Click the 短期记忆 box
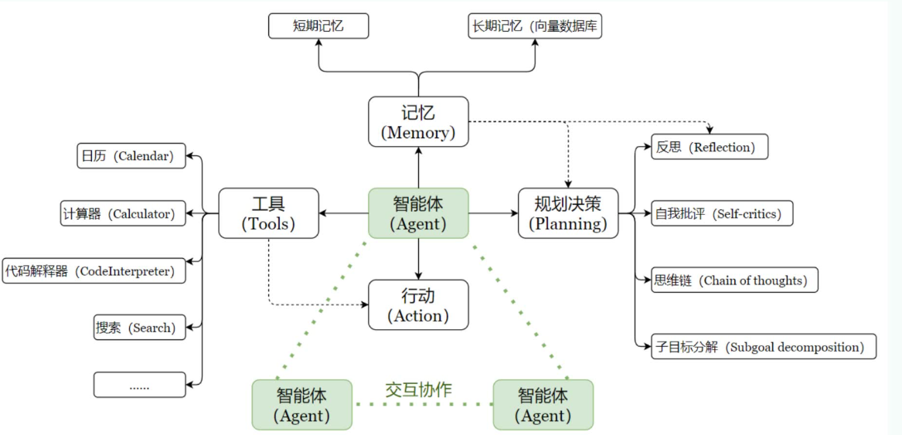(x=318, y=26)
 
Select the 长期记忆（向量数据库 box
(x=535, y=26)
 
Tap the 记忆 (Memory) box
(x=418, y=122)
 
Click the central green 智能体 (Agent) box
(x=418, y=212)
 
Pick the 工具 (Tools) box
(x=268, y=212)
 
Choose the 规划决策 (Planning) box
(x=568, y=212)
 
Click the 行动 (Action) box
(x=418, y=305)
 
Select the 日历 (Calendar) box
(x=131, y=156)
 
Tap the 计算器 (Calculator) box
(x=124, y=213)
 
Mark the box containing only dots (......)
(x=140, y=385)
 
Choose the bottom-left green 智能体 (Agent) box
(x=301, y=405)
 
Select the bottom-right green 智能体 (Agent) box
(x=543, y=405)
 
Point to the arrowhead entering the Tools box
(x=323, y=213)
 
